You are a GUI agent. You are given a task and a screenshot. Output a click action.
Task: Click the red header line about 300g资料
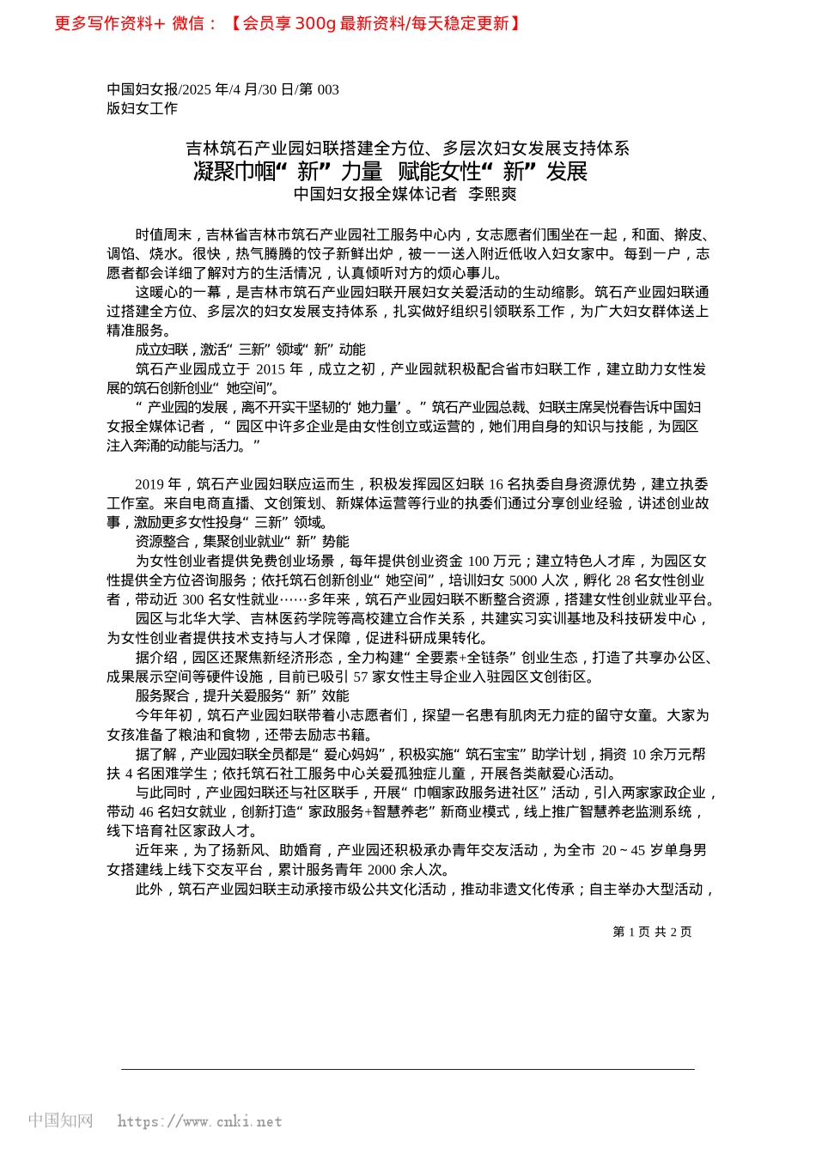click(x=288, y=23)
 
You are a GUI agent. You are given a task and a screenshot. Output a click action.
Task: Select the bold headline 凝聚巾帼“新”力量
click(x=288, y=171)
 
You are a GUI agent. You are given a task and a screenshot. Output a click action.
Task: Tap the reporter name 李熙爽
click(x=492, y=194)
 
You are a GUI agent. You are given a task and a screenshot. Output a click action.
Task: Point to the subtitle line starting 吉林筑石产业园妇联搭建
click(x=408, y=149)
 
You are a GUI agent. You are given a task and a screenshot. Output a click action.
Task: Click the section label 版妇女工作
click(x=142, y=108)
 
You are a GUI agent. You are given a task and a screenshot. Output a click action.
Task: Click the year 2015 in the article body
click(x=270, y=369)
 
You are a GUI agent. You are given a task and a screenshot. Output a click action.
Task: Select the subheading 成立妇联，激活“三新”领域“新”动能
click(x=250, y=349)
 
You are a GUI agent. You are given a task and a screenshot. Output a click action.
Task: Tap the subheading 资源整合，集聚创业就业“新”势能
click(x=242, y=542)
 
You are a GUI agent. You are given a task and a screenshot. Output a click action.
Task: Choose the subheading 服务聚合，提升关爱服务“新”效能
click(x=242, y=695)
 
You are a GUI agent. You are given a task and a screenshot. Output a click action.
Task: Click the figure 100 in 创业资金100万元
click(x=478, y=561)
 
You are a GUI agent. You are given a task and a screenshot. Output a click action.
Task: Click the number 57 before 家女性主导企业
click(x=361, y=677)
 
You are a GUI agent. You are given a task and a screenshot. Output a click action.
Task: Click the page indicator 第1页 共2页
click(x=652, y=932)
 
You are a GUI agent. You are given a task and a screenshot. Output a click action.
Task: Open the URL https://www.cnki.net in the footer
click(x=199, y=1121)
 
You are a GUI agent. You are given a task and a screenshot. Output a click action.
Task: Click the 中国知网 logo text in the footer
click(x=60, y=1121)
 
